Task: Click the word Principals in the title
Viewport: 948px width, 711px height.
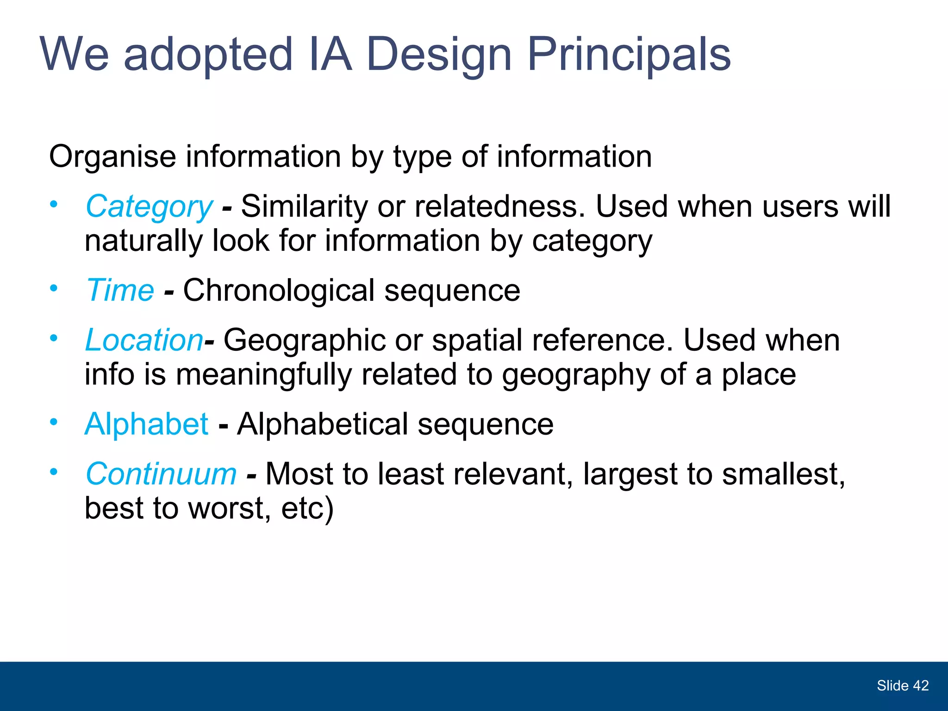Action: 629,55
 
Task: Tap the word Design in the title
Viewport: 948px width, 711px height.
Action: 438,55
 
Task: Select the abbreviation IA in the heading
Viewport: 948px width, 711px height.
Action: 330,55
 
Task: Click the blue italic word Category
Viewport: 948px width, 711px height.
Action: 149,206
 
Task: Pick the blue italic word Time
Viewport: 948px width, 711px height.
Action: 120,291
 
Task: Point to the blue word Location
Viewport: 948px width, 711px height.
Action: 144,340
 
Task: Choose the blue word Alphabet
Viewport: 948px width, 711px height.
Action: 146,424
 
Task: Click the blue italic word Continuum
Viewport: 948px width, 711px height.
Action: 161,474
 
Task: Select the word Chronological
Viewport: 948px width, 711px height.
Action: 279,291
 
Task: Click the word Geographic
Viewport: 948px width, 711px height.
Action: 304,340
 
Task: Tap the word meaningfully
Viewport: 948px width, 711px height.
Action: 264,374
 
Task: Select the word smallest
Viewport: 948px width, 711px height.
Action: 783,474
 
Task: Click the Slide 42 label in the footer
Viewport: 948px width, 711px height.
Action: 902,686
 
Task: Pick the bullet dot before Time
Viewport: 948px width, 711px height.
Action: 54,288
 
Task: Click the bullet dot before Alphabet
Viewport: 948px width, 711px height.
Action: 54,422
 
